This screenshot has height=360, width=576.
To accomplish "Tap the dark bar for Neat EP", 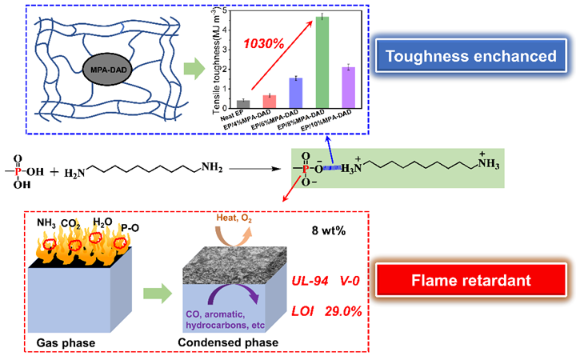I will click(244, 102).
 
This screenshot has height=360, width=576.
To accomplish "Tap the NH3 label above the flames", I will click(48, 222).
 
